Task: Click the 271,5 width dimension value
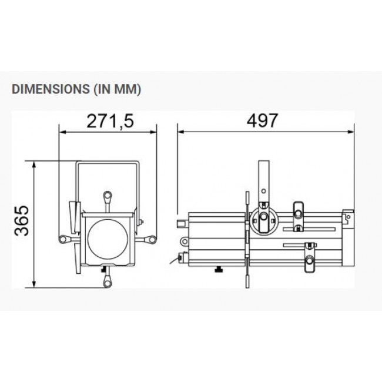pyautogui.click(x=110, y=121)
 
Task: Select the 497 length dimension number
pyautogui.click(x=262, y=120)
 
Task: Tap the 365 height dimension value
pyautogui.click(x=22, y=221)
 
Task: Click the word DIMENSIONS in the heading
pyautogui.click(x=51, y=89)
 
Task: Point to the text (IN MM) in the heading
pyautogui.click(x=117, y=89)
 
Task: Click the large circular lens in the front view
pyautogui.click(x=108, y=239)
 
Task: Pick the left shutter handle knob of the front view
pyautogui.click(x=63, y=239)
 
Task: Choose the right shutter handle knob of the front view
pyautogui.click(x=152, y=239)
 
